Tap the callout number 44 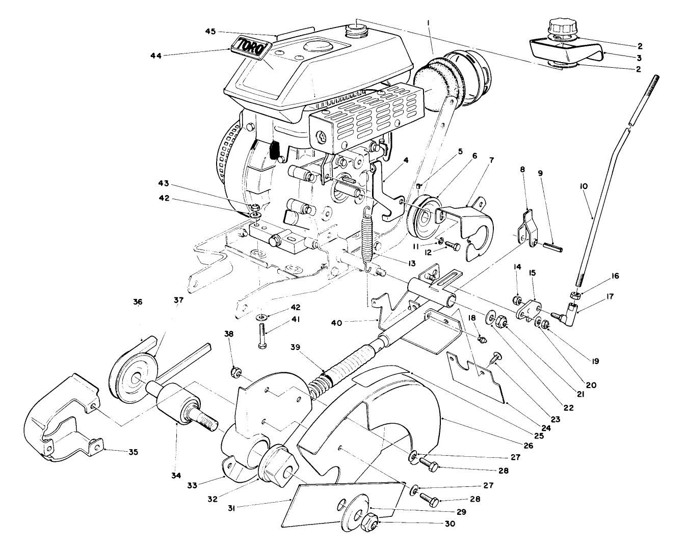(156, 56)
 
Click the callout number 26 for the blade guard (527, 445)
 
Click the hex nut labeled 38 (235, 373)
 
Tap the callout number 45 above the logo (211, 32)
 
